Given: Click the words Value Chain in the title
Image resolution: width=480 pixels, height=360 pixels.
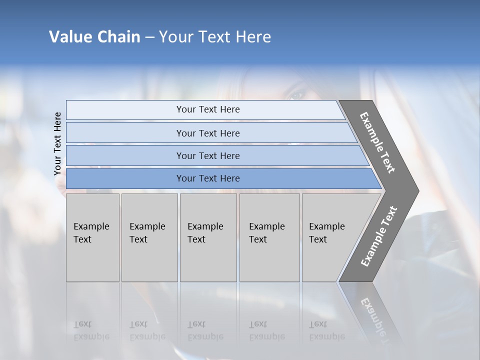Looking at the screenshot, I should coord(94,37).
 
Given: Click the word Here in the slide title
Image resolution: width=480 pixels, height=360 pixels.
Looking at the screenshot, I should coord(253,37).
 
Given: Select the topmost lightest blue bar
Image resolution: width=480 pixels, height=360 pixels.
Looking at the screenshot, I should coord(207,109).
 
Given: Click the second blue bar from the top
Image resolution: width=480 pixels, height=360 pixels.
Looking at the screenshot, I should coord(207,133).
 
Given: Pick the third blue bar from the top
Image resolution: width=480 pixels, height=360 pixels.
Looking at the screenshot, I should coord(207,155).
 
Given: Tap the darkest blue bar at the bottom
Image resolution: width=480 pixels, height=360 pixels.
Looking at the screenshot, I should coord(207,178).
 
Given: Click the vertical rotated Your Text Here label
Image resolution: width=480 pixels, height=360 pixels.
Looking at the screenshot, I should coord(57,143).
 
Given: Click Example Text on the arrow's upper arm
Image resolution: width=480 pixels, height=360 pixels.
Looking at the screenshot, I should coord(377,142).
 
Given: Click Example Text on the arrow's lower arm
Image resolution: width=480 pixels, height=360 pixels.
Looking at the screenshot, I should coord(379,236).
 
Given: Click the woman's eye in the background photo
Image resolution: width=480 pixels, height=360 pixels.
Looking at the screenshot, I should coord(296,94).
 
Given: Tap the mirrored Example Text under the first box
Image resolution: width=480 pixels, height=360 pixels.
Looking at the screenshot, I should coord(91,330).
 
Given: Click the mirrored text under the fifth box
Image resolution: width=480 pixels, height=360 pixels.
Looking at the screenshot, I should coord(326,330).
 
